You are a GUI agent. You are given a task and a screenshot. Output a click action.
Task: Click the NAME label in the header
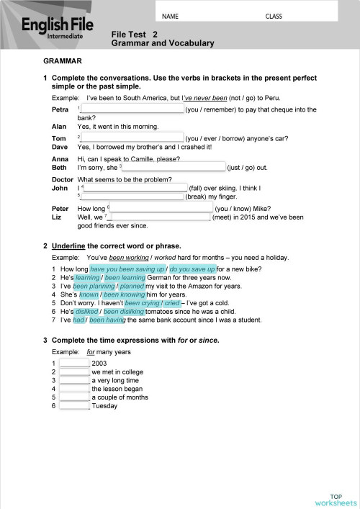[171, 14]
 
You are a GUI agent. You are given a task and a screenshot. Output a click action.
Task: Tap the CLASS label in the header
[274, 14]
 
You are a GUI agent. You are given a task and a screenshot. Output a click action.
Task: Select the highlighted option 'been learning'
[125, 277]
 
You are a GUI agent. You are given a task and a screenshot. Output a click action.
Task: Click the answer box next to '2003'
[73, 363]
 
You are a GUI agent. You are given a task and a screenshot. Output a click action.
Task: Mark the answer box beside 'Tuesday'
[73, 406]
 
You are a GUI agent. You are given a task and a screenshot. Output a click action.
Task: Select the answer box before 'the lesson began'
[73, 389]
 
